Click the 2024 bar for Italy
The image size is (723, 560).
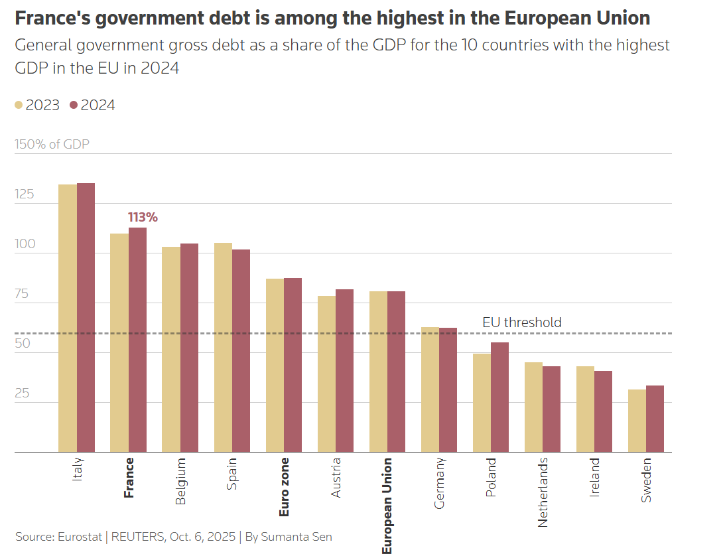(x=86, y=317)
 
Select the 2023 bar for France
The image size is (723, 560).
(x=119, y=343)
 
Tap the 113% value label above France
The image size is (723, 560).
(x=143, y=217)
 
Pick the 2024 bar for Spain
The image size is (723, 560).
(x=241, y=350)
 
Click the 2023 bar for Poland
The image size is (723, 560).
(x=482, y=403)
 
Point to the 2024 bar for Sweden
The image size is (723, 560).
(x=655, y=419)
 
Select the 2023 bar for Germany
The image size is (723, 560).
(x=430, y=389)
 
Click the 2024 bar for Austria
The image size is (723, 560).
(x=344, y=370)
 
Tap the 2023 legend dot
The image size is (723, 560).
(x=19, y=105)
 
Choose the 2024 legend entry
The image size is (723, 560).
(x=92, y=105)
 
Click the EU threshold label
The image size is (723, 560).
(x=522, y=322)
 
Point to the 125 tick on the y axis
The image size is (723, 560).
(x=24, y=194)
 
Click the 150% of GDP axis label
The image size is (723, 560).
(x=52, y=145)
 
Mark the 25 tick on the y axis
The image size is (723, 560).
(x=22, y=393)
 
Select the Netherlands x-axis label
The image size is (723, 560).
(x=543, y=492)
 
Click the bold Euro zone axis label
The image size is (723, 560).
(x=284, y=487)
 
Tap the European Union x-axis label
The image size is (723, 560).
(x=387, y=506)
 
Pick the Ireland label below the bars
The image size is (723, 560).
(x=594, y=477)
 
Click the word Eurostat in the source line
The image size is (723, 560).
(x=80, y=537)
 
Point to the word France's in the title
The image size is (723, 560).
(x=52, y=18)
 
